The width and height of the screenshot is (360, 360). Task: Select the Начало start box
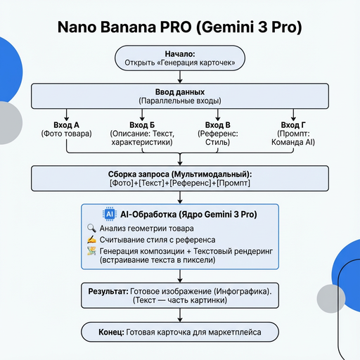[180, 59]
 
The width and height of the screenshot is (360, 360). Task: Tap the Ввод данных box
[180, 96]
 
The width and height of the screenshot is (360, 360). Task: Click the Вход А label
[66, 124]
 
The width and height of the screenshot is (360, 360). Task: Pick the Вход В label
[218, 124]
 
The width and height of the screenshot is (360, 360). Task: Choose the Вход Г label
[293, 124]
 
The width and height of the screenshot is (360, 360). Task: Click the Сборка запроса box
[180, 178]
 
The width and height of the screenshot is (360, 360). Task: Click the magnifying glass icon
[91, 228]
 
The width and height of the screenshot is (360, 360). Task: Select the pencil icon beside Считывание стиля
[91, 240]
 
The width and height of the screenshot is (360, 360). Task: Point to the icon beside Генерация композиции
[91, 252]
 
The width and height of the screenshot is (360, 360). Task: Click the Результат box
[180, 295]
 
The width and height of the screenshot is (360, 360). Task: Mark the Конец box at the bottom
[180, 331]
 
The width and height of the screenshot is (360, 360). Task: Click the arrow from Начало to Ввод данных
[180, 77]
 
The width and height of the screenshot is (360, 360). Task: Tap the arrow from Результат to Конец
[180, 315]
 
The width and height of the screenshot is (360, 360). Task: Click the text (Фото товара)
[66, 134]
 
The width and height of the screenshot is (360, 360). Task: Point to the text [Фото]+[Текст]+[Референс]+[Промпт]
[180, 183]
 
